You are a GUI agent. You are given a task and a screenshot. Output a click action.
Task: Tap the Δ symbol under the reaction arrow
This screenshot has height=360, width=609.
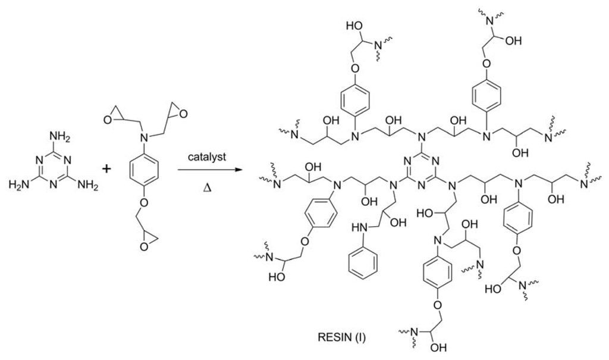point(208,187)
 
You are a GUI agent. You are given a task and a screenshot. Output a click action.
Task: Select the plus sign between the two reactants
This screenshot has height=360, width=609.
point(107,169)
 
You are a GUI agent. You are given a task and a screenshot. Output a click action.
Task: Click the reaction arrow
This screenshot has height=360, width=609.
point(209,171)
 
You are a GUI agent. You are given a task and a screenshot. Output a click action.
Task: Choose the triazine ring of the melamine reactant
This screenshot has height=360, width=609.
point(54,169)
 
